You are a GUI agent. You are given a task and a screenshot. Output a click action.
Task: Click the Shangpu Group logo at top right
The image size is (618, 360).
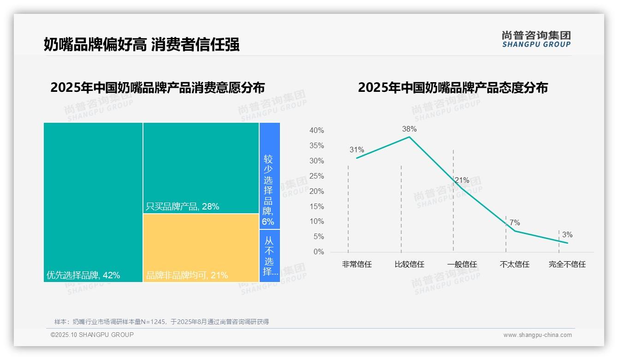pos(536,39)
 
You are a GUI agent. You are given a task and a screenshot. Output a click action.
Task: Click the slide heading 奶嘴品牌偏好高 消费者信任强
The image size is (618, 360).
pos(142,45)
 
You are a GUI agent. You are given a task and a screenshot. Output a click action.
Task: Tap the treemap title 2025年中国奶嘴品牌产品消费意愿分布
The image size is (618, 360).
pos(157,88)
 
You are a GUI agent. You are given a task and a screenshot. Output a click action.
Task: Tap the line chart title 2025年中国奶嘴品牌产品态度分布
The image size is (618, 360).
pos(452,88)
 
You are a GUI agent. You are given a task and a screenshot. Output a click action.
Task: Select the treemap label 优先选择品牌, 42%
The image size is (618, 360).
pos(83,276)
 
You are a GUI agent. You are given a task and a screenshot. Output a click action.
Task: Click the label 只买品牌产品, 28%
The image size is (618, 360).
pos(182,207)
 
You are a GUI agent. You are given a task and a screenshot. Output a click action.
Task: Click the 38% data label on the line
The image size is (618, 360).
pos(409,129)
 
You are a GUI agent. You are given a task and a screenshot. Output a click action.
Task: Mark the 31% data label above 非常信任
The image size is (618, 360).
pos(357,150)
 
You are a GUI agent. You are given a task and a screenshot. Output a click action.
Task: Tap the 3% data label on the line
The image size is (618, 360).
pos(567,235)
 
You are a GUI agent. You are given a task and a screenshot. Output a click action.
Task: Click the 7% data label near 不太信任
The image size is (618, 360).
pos(514,223)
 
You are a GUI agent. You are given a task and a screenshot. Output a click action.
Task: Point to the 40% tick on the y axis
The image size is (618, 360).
pos(316,131)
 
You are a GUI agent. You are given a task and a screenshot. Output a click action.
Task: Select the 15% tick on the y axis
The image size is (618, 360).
pos(316,207)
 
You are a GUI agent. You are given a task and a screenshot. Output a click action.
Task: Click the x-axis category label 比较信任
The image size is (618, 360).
pos(409,264)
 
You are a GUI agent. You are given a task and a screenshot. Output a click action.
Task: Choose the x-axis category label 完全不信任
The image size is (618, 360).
pos(567,264)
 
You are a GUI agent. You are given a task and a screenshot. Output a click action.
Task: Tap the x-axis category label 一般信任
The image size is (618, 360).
pos(462,264)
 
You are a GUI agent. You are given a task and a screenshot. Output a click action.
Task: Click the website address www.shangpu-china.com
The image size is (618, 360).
pos(537,335)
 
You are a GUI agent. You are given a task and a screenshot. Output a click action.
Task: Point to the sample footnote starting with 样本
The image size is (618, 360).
pos(161,322)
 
